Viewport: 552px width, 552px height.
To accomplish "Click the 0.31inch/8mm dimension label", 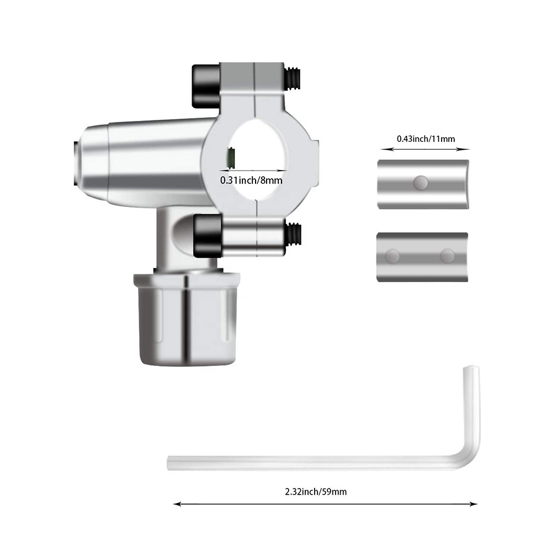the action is (x=251, y=181).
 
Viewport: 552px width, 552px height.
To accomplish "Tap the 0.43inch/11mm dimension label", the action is (x=426, y=139).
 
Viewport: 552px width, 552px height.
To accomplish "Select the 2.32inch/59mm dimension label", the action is (x=316, y=492).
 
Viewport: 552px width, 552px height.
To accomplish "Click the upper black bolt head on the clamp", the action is (x=206, y=86).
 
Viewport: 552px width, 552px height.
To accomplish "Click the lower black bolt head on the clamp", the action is (x=208, y=236).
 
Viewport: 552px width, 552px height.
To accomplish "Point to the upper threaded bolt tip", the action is (x=293, y=78).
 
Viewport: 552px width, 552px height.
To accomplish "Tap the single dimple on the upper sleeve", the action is (x=420, y=183).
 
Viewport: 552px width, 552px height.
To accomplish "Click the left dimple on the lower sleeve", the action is (x=392, y=256).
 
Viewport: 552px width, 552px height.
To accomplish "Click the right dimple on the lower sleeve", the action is (x=447, y=256).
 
